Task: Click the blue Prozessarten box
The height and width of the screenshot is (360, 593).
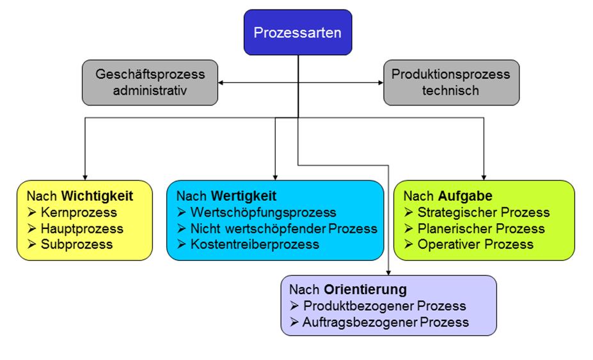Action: click(x=297, y=32)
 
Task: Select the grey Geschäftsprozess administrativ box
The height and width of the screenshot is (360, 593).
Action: click(x=150, y=82)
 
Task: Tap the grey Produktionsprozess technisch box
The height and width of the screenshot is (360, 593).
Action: click(x=451, y=82)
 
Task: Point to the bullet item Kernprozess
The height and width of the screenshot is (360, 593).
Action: click(x=79, y=212)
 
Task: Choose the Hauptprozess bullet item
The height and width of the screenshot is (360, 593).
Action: click(x=82, y=228)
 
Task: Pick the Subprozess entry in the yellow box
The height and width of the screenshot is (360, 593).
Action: click(x=76, y=244)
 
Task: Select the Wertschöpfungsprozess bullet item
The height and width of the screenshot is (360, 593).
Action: click(x=263, y=212)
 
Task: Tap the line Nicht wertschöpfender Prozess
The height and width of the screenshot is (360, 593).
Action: click(x=283, y=228)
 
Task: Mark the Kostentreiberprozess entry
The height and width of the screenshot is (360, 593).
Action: click(x=255, y=244)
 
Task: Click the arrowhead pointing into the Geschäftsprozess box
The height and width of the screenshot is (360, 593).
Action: click(x=222, y=82)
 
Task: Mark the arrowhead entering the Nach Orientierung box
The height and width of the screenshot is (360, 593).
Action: click(x=389, y=271)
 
